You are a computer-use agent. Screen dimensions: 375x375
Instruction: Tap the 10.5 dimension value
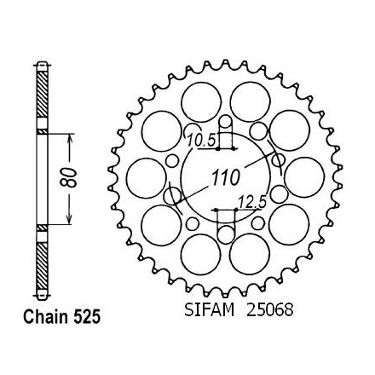[x=202, y=141]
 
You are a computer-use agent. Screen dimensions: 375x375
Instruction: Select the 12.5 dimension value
[x=252, y=203]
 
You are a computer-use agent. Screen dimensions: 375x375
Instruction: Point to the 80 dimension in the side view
[x=69, y=178]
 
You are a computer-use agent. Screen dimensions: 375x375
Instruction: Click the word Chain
[x=46, y=316]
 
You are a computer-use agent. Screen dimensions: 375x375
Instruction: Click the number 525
[x=87, y=316]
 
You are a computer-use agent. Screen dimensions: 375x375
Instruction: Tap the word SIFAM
[x=210, y=310]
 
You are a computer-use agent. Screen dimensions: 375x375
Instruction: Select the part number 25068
[x=269, y=310]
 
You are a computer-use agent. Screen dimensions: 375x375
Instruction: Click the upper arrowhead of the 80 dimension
[x=70, y=138]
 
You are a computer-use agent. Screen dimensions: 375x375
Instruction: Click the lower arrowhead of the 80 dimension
[x=69, y=219]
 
